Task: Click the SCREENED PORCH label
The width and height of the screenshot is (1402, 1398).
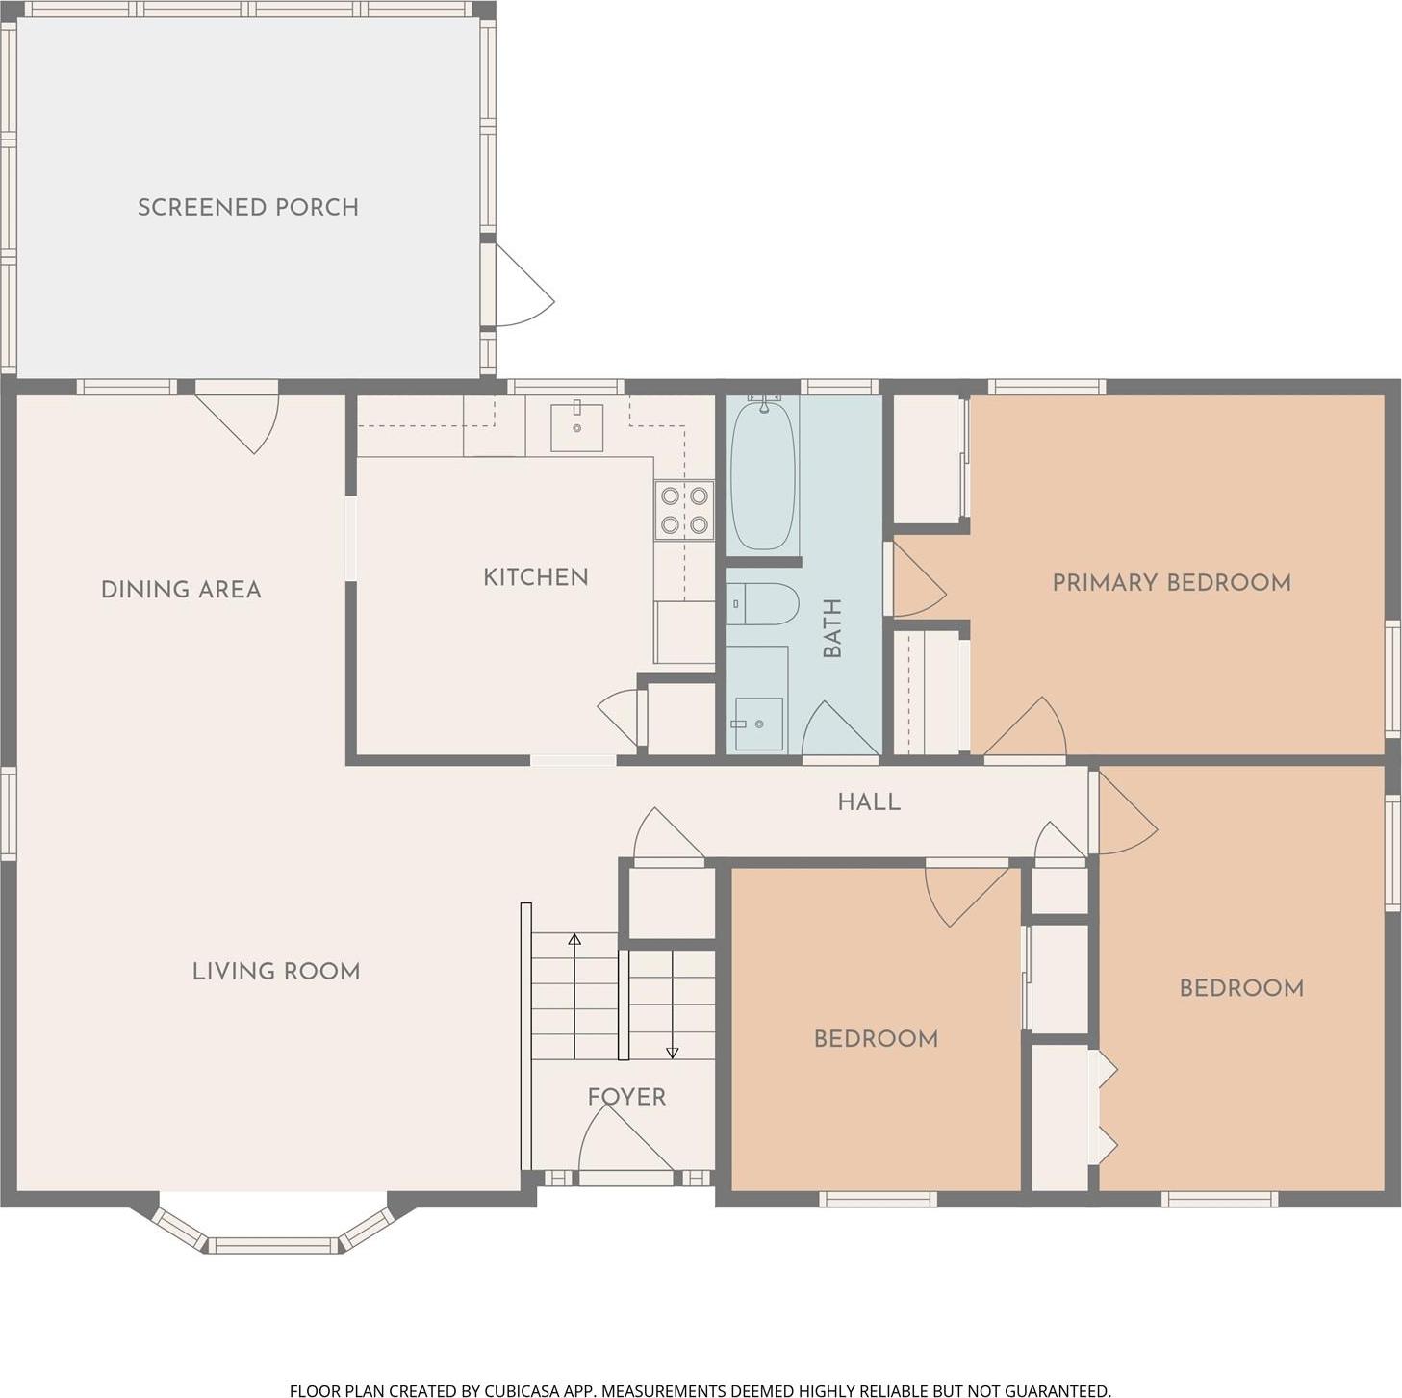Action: click(x=247, y=207)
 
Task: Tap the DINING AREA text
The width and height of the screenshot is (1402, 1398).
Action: click(x=181, y=589)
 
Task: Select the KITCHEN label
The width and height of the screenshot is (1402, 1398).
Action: click(x=535, y=577)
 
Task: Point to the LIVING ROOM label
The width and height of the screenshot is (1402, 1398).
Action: click(x=276, y=971)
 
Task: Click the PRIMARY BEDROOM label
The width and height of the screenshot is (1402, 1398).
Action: click(x=1171, y=582)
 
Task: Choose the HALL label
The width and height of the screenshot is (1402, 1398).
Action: click(x=869, y=801)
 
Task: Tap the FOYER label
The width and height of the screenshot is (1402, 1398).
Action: click(x=626, y=1096)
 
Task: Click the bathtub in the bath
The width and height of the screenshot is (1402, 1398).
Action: click(x=762, y=474)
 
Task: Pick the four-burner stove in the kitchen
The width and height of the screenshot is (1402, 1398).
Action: click(x=684, y=511)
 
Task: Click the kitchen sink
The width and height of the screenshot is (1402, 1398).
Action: click(x=576, y=427)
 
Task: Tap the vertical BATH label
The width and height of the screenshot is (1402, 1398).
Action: click(x=832, y=627)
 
